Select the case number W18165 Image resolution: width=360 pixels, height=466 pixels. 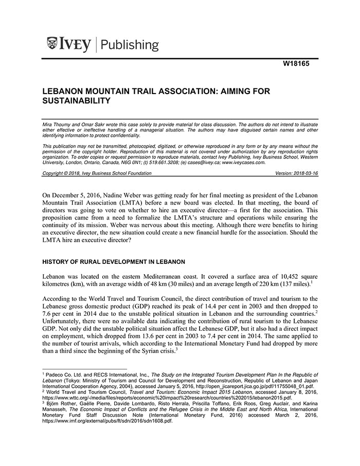(x=300, y=65)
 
